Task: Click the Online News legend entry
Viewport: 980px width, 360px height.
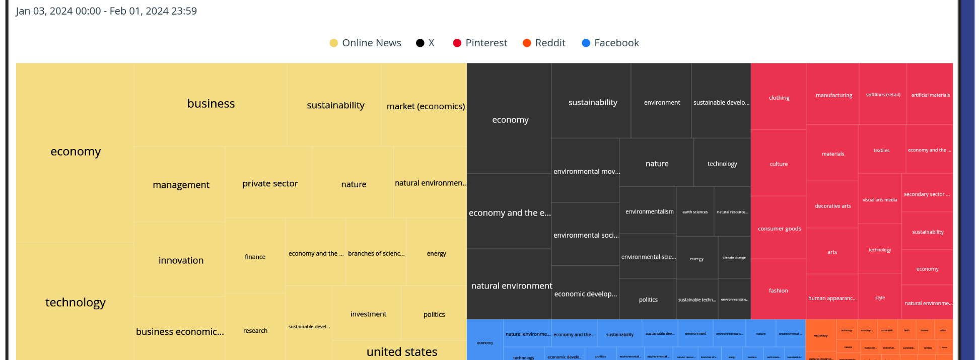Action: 366,43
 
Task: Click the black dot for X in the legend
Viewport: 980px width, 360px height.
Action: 420,43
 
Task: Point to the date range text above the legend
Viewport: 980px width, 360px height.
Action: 106,11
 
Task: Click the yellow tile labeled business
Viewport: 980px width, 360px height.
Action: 211,104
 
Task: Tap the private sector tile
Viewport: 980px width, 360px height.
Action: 270,183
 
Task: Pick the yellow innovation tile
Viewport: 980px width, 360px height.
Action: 181,260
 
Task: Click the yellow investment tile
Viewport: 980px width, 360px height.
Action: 368,314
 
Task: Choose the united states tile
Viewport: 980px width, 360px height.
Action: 401,351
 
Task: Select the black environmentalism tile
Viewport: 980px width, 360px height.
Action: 649,211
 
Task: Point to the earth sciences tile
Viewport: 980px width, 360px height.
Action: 695,211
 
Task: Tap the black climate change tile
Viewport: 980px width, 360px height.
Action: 734,257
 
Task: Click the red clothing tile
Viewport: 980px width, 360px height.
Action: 779,97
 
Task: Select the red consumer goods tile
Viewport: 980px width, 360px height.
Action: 779,228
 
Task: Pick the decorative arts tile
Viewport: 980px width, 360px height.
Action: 833,205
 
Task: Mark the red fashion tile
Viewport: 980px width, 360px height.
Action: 779,290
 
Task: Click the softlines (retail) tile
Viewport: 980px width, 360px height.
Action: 883,94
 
